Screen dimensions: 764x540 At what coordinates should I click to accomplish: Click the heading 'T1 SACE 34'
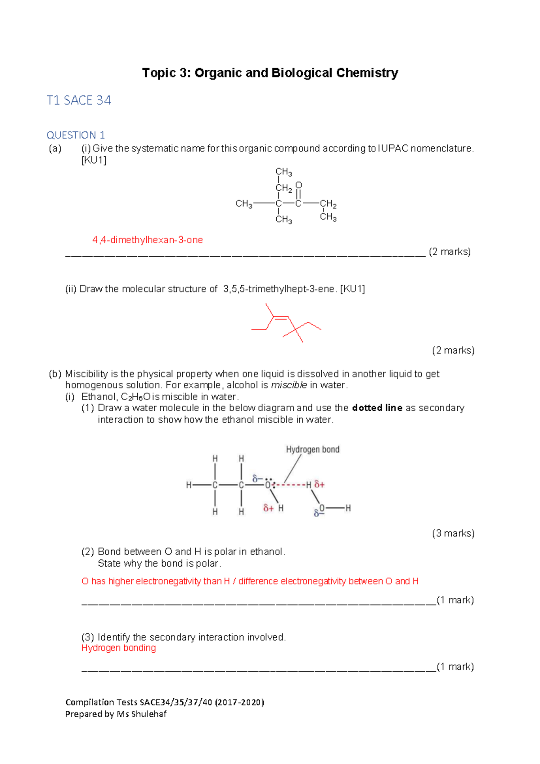tap(79, 100)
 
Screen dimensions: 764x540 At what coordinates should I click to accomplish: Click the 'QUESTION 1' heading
tap(76, 135)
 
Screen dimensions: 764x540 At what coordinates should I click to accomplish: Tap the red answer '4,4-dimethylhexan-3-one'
tap(147, 240)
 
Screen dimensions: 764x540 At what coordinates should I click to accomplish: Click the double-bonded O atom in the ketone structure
tap(299, 186)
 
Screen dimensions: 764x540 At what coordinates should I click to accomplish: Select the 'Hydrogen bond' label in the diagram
tap(313, 450)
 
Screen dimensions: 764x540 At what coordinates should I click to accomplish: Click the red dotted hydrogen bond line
tap(290, 485)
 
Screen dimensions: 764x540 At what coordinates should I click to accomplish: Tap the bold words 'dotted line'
tap(377, 408)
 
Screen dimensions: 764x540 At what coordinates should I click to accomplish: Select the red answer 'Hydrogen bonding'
tap(119, 648)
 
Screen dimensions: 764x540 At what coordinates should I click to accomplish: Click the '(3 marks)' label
tap(453, 533)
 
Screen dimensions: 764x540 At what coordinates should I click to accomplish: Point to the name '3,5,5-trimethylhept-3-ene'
tap(279, 289)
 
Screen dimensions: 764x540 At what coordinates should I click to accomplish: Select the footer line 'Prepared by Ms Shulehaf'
tap(116, 714)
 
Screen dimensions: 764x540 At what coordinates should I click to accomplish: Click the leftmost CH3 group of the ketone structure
tap(244, 204)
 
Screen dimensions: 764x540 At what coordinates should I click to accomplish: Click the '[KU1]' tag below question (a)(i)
tap(94, 160)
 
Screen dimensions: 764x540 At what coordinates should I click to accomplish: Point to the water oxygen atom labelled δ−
tap(322, 509)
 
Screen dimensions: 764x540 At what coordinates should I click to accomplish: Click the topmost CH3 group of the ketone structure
tap(283, 172)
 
